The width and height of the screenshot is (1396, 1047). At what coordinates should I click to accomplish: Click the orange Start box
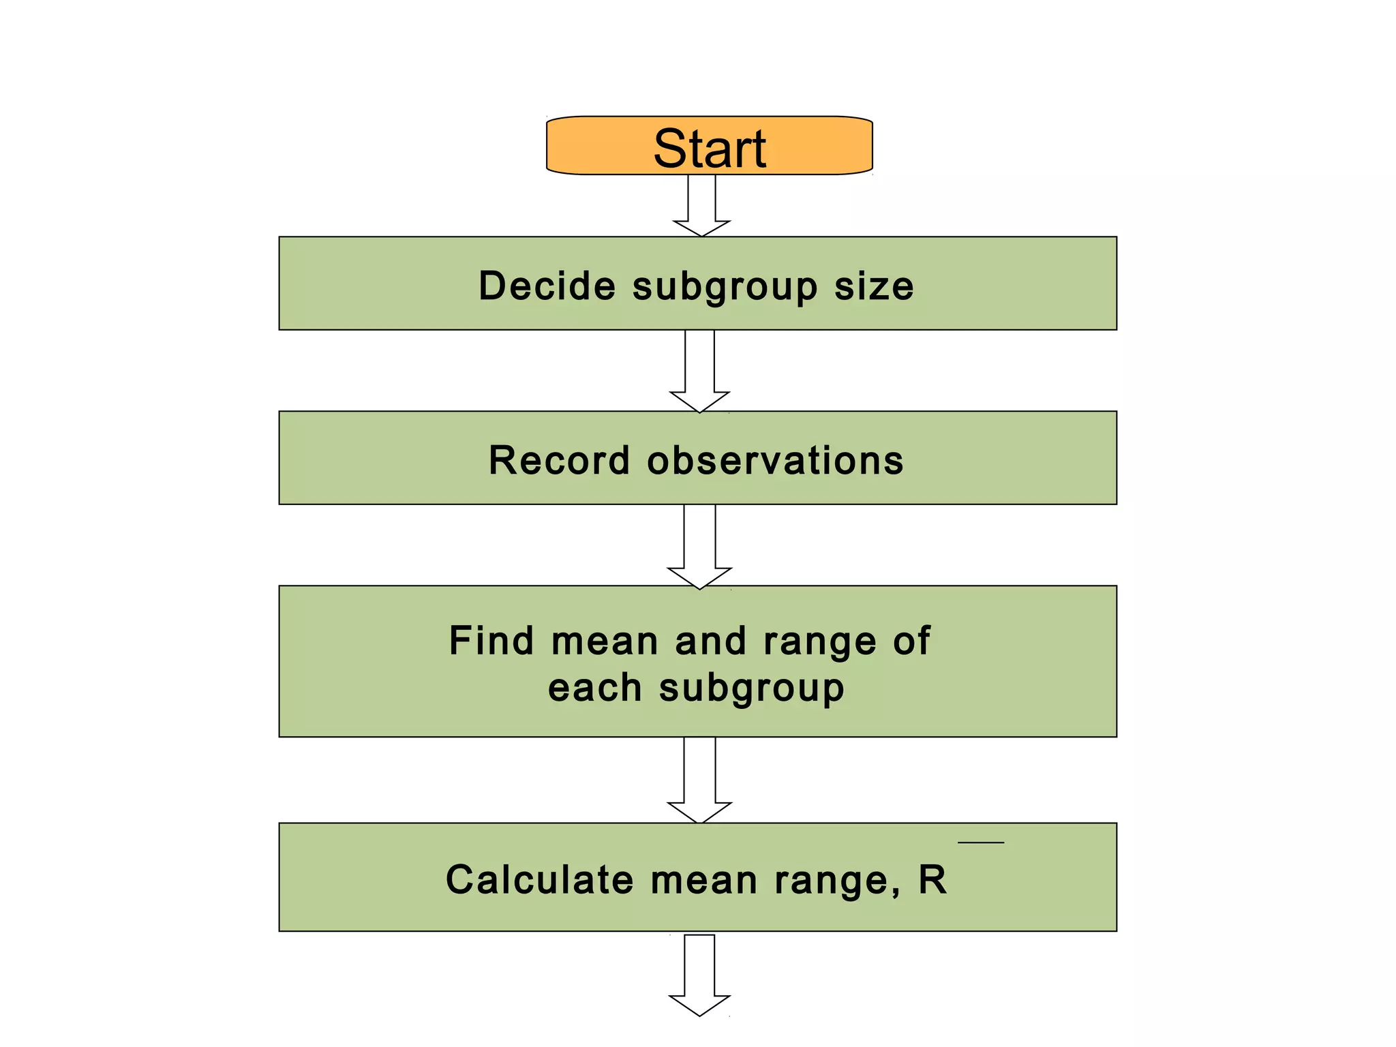click(709, 147)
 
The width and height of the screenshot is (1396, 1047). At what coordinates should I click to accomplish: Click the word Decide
click(547, 286)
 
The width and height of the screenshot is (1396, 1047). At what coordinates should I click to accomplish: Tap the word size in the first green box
click(874, 286)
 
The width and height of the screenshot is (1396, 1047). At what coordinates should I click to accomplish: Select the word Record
click(559, 460)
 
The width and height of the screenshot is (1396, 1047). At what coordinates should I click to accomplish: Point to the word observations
click(775, 460)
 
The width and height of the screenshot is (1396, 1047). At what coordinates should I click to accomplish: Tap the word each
click(594, 688)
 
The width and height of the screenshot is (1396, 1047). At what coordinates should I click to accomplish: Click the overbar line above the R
click(980, 843)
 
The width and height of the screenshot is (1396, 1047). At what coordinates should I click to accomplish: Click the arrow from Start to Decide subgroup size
click(701, 204)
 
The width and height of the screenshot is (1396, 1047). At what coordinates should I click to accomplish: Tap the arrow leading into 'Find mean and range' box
click(700, 545)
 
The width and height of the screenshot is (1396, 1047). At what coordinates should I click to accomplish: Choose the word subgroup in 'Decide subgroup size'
click(725, 287)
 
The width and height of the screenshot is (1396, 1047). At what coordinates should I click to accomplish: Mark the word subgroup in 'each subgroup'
click(751, 689)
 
